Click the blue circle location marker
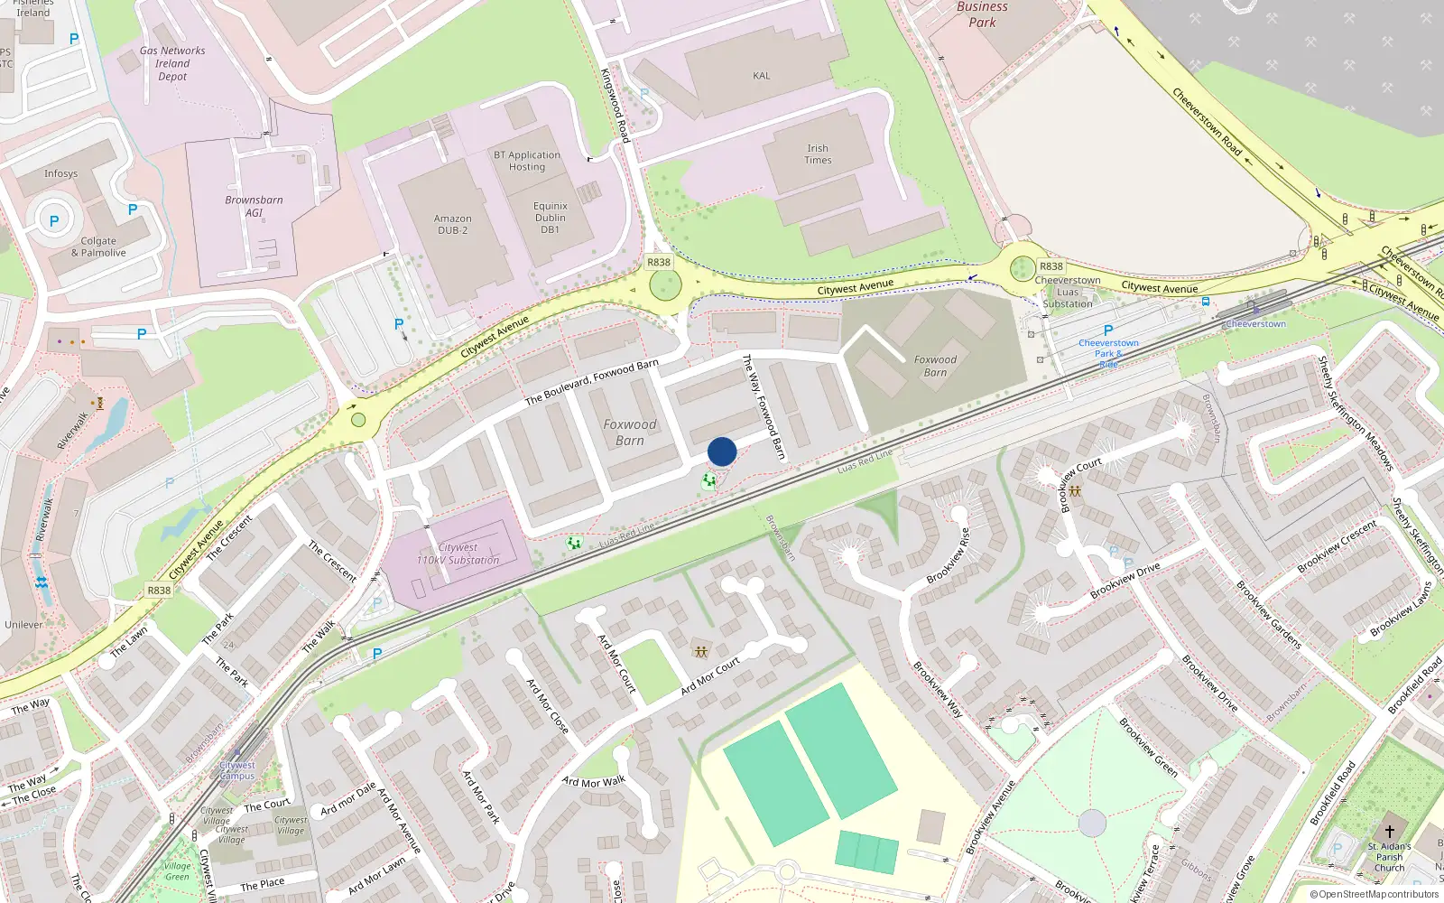coord(722,451)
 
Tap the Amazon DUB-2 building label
coord(452,224)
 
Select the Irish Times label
coord(818,154)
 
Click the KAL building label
coord(762,76)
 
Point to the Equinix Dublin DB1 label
coord(551,218)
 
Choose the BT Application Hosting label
coord(527,161)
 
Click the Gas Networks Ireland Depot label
coord(172,63)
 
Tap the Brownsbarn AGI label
coord(254,206)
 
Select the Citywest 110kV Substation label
coord(458,554)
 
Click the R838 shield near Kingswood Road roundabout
coord(659,262)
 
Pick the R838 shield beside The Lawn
coord(159,590)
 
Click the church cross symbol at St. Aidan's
coord(1389,830)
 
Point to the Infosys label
coord(61,173)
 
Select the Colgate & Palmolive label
coord(98,247)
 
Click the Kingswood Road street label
coord(615,105)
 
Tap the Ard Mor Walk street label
coord(593,781)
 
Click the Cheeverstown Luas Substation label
coord(1068,292)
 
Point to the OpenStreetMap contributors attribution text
coord(1374,894)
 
